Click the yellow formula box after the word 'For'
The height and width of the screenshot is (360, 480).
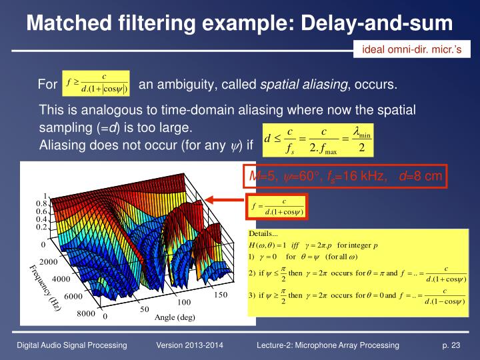[x=95, y=85]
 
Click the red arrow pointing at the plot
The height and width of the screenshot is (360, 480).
[x=226, y=199]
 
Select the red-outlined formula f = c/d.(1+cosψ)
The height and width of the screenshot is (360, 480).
[x=277, y=207]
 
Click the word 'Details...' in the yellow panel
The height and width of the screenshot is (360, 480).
[x=263, y=234]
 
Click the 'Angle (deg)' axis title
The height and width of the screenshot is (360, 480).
[x=175, y=317]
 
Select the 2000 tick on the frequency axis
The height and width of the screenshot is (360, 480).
[x=50, y=262]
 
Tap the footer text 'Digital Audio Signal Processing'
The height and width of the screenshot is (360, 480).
[x=72, y=345]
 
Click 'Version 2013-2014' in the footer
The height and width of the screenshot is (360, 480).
[x=189, y=345]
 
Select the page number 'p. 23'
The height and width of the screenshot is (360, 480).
[x=451, y=345]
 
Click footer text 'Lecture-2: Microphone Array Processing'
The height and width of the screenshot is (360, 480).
[x=327, y=345]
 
